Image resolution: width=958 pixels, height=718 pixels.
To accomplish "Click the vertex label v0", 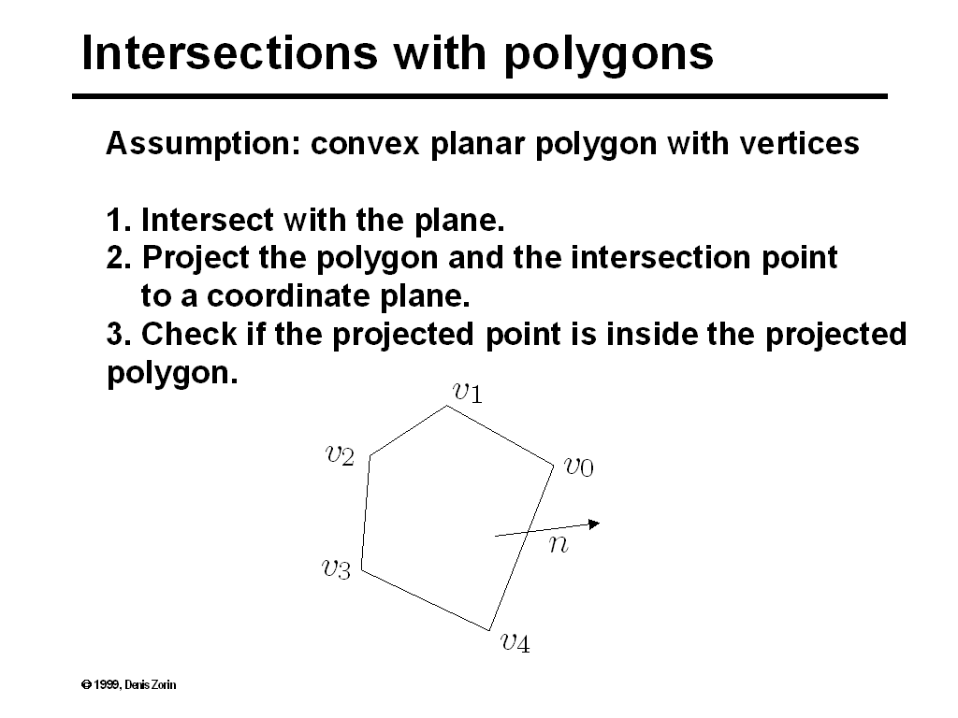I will coord(578,466).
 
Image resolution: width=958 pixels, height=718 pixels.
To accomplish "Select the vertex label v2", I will coord(340,455).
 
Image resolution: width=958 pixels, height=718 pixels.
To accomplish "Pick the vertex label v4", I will coord(515,642).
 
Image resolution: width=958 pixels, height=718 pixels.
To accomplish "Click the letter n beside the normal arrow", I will coord(558,544).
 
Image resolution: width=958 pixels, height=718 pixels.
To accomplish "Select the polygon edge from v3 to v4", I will coord(426,599).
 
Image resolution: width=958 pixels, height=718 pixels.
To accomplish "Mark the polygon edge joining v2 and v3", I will coord(366,513).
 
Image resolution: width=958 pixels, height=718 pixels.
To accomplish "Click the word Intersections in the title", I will coord(229,53).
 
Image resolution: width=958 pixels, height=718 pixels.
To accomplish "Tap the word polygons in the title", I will coord(609,53).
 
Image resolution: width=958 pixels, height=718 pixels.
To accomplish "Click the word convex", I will coord(368,144).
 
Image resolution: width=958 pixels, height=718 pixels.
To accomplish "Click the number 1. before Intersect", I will coord(118,221).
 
